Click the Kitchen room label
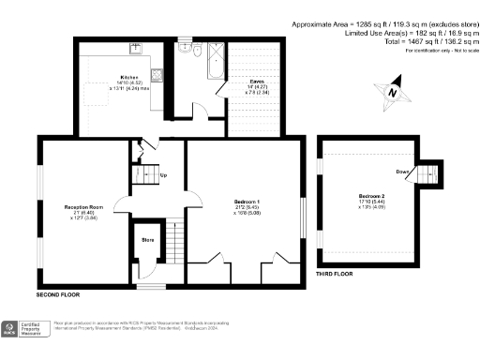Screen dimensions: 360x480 129,78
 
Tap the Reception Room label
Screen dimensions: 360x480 82,205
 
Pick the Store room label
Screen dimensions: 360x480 146,239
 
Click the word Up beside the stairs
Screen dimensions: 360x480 165,175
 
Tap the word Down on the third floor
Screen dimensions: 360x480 402,172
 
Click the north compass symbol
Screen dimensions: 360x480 393,92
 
